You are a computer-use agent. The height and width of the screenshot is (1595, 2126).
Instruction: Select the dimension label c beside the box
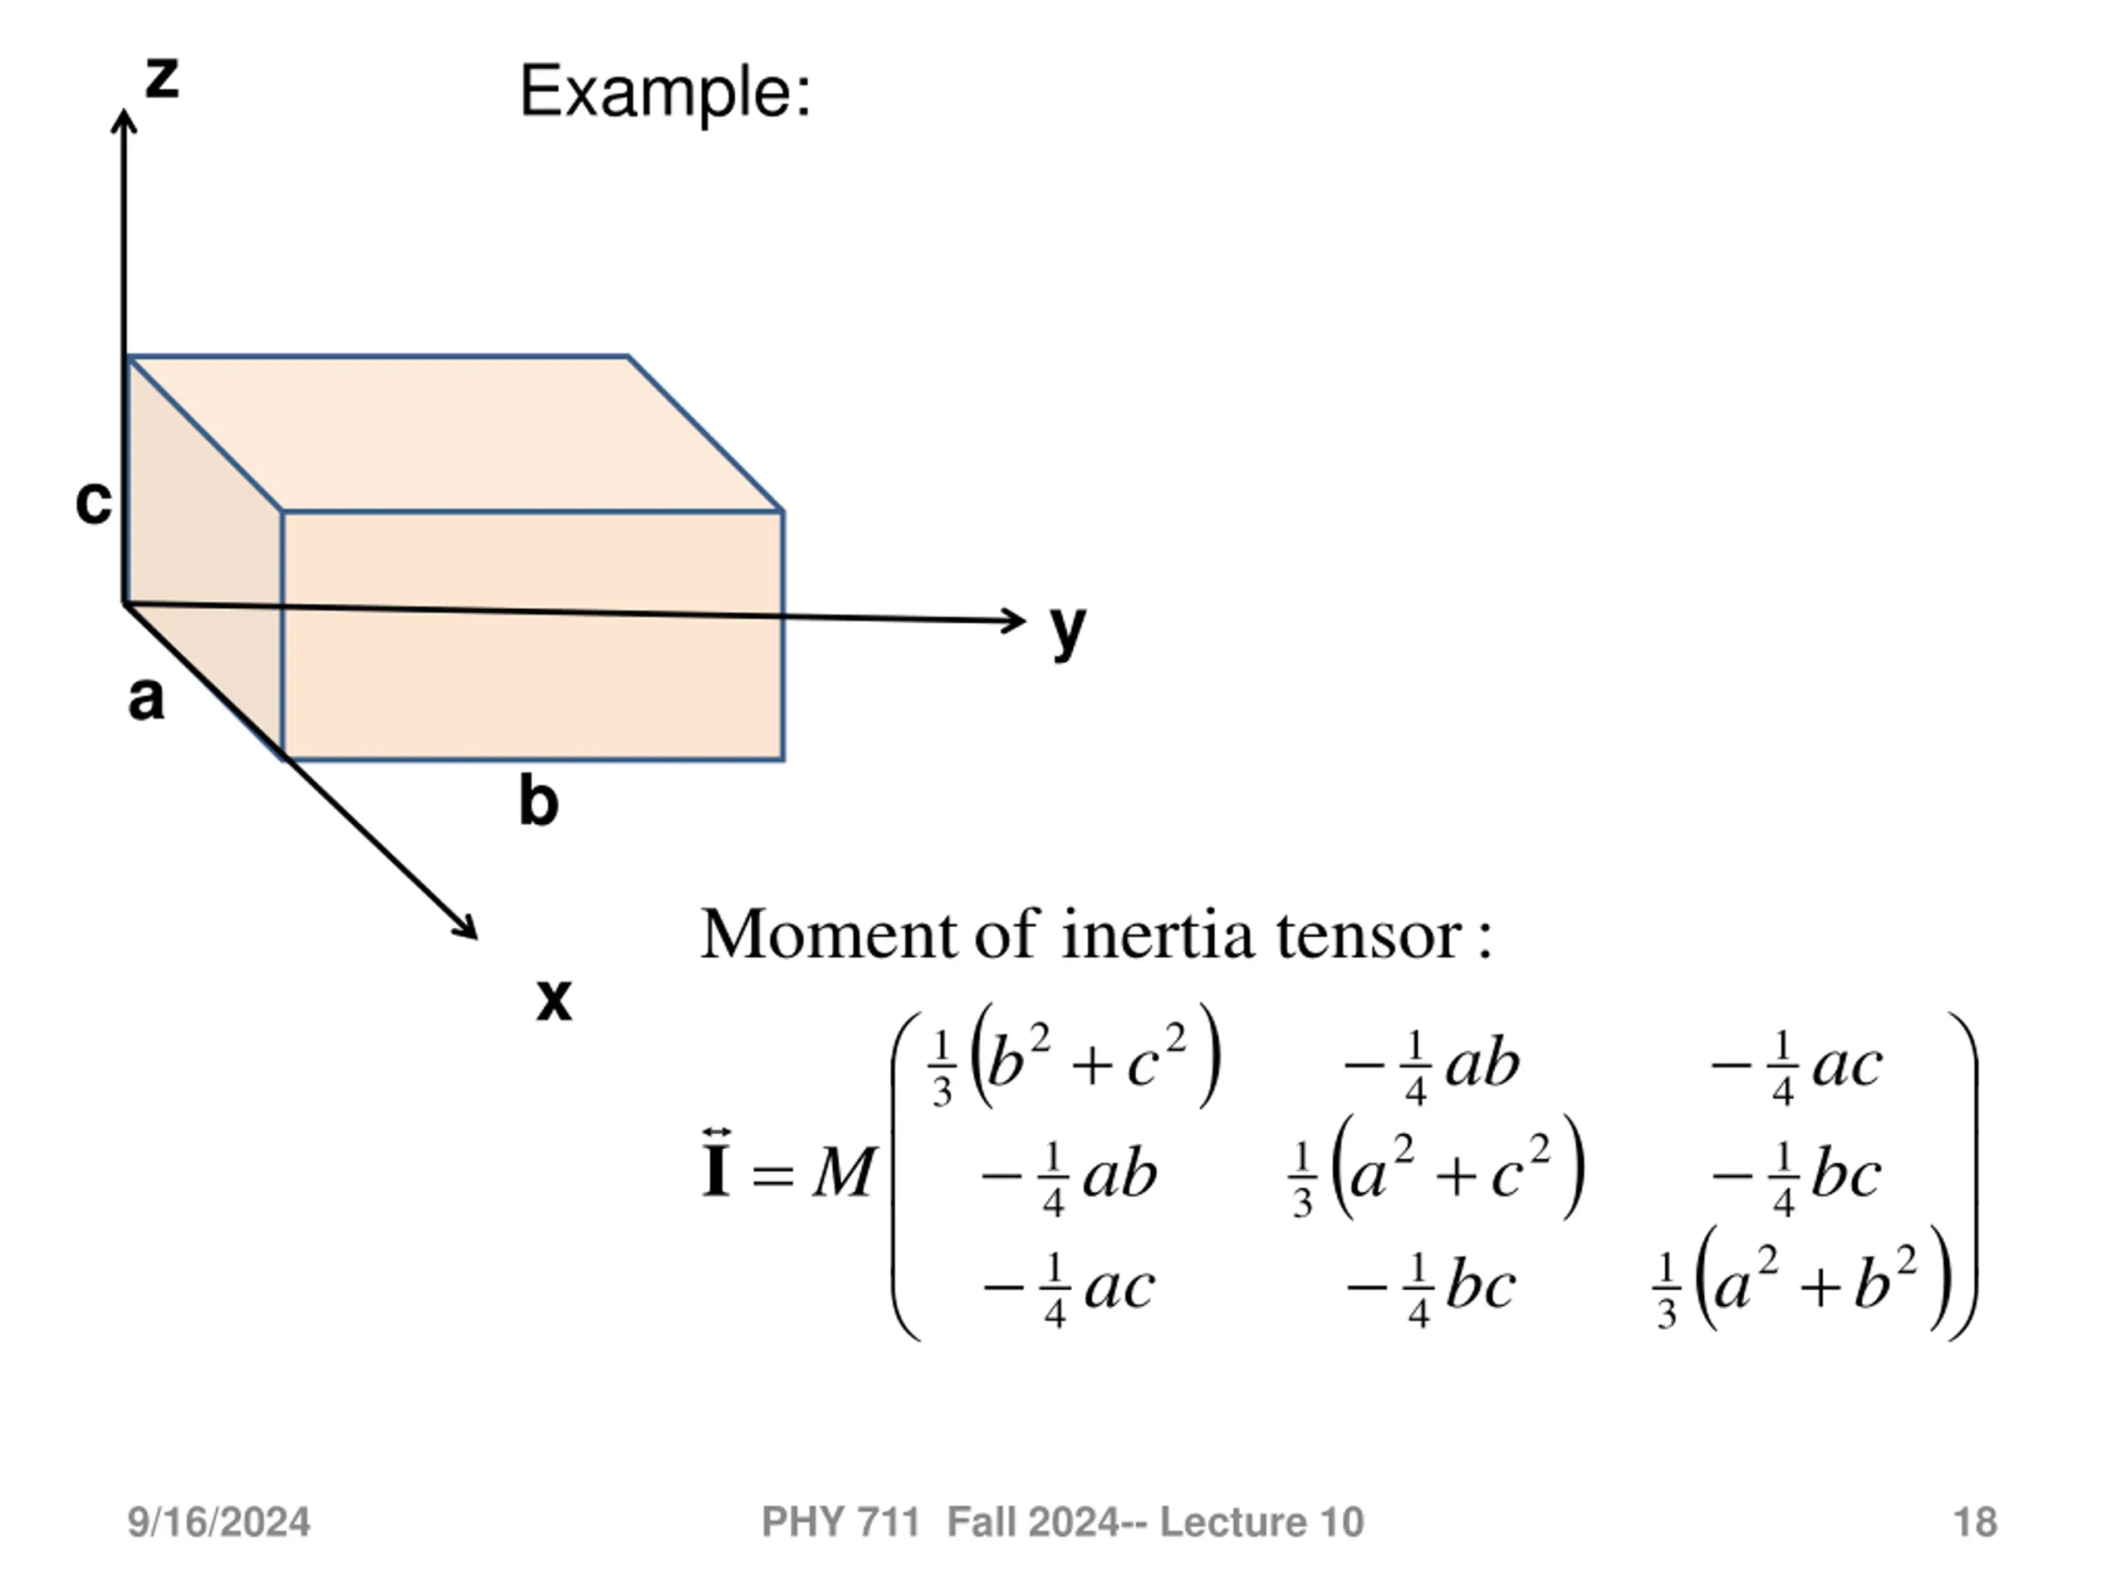(93, 501)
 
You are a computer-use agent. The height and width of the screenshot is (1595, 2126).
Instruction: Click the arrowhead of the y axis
(1016, 620)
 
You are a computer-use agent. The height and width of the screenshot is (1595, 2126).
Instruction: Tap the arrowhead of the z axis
(124, 120)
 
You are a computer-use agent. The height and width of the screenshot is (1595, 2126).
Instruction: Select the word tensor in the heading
(1369, 934)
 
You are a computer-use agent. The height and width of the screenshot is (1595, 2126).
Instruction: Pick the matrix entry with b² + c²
(1075, 1063)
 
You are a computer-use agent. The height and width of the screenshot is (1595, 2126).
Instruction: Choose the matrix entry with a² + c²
(1436, 1174)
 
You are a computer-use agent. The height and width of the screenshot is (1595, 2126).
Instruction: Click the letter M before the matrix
(844, 1175)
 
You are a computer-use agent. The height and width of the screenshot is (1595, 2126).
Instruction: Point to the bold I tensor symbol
(716, 1166)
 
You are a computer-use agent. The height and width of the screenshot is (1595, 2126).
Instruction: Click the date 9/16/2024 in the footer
(219, 1523)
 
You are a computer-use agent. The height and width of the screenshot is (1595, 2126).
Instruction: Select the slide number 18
(1975, 1523)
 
